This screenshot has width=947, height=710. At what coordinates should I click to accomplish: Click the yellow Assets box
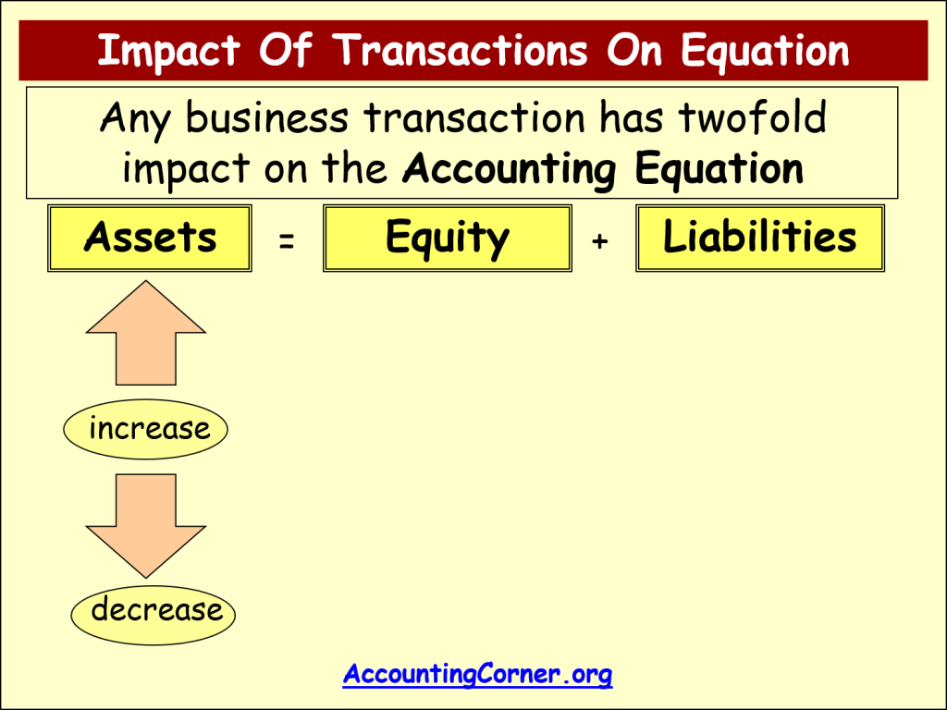click(x=149, y=239)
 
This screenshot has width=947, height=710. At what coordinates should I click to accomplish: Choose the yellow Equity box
click(x=447, y=239)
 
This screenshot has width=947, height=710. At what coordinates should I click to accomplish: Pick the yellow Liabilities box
click(x=759, y=239)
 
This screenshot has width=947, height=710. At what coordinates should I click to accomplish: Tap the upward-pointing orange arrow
click(x=145, y=333)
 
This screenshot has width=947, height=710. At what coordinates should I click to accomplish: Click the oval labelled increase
click(x=146, y=430)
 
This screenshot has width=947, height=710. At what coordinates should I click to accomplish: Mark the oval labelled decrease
click(x=154, y=611)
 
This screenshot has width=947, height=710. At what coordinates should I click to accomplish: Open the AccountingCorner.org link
click(x=477, y=675)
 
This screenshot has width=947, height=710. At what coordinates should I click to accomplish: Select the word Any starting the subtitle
click(x=134, y=118)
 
